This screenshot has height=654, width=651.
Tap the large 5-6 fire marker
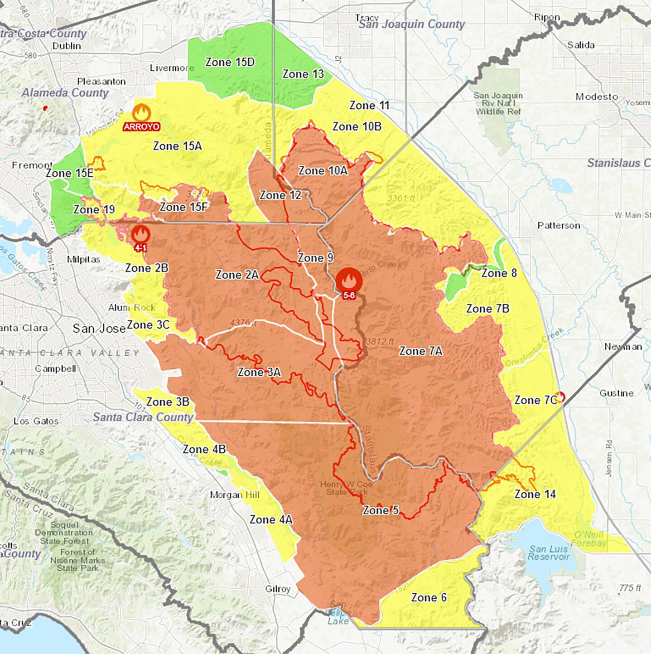348,281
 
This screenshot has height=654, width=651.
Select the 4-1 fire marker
140,235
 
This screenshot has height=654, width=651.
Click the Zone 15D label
230,62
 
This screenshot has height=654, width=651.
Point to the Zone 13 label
303,74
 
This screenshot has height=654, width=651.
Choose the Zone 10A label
323,170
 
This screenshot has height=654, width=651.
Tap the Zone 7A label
420,351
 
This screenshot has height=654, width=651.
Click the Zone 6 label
429,597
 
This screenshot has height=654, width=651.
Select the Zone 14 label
535,494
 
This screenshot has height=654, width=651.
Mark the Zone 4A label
271,519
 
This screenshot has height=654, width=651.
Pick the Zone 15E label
69,173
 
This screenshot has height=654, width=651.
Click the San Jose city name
99,328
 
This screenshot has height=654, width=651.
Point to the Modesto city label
597,97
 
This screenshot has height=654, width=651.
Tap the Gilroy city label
278,589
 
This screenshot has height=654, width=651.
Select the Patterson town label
558,225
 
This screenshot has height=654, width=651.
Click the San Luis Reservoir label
548,552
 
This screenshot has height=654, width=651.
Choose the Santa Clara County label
143,417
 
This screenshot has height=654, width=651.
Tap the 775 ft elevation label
629,588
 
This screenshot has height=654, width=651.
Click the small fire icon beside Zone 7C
560,397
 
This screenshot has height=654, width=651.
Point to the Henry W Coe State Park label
346,488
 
